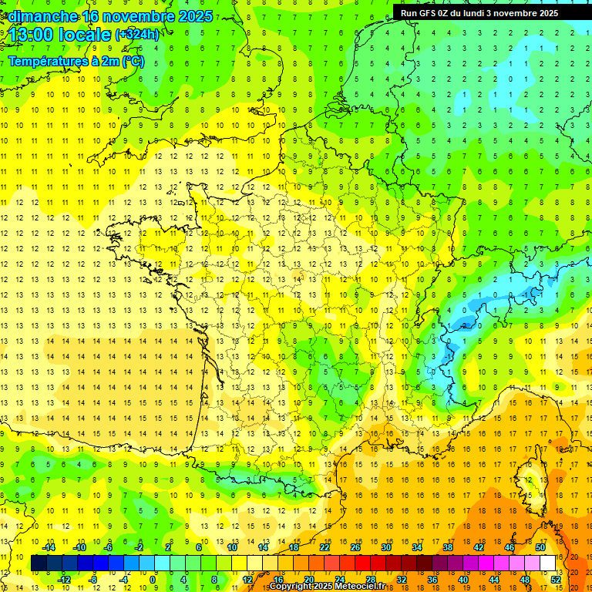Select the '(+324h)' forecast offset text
click(137, 35)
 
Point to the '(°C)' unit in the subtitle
click(132, 61)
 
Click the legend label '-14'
click(49, 547)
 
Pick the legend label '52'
click(556, 579)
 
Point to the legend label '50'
click(540, 547)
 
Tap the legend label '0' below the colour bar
click(153, 579)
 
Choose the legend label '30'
click(385, 547)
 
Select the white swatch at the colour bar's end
click(548, 563)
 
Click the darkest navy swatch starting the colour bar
click(39, 563)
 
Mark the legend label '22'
click(325, 547)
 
